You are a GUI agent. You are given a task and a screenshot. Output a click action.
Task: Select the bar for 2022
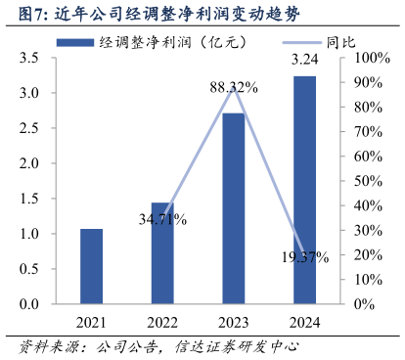tap(162, 253)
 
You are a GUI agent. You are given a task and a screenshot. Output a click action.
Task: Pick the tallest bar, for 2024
tap(304, 190)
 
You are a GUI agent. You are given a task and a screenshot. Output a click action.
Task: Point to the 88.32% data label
tap(233, 88)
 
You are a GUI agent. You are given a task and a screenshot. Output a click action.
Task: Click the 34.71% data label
tap(162, 219)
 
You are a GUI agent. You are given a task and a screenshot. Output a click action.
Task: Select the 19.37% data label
tap(304, 257)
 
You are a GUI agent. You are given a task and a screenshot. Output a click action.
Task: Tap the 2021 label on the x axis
tap(91, 323)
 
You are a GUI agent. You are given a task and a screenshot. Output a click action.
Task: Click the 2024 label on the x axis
tap(304, 323)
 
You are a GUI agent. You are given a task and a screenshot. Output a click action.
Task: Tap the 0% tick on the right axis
tap(363, 304)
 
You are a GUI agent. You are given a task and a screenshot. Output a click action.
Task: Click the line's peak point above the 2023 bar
tap(233, 87)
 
